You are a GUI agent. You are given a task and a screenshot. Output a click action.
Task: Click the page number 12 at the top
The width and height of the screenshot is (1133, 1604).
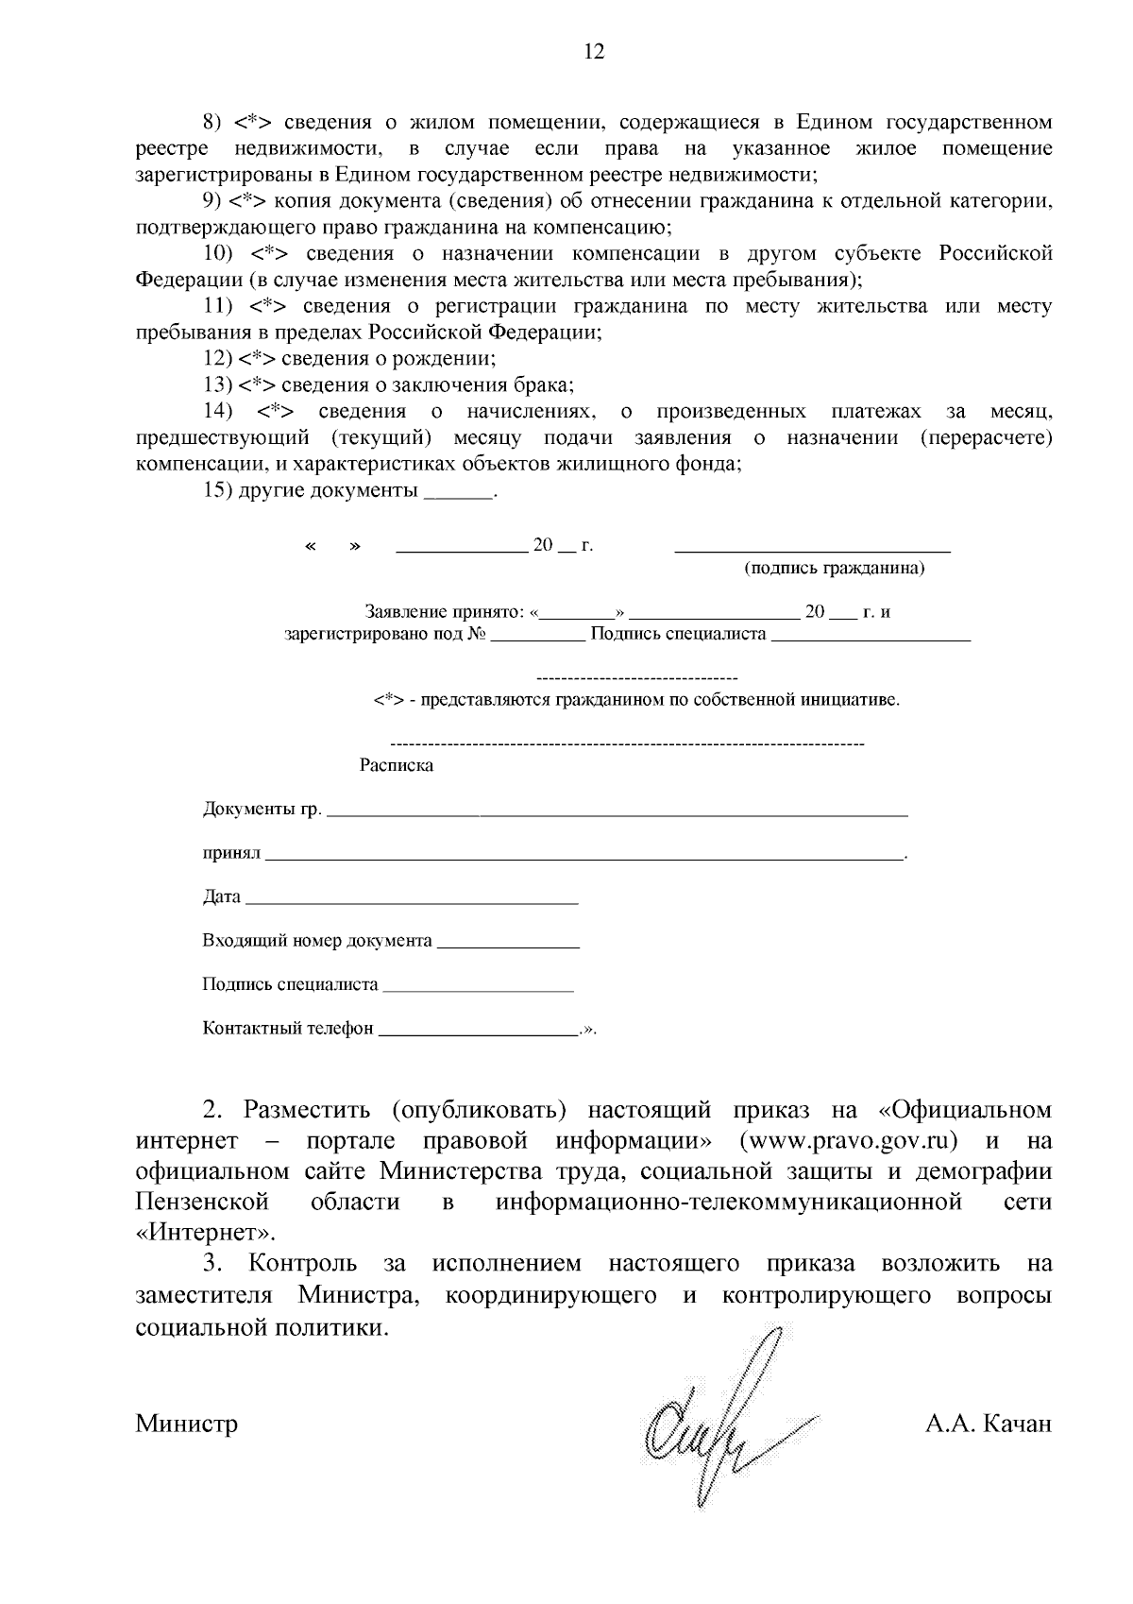594,52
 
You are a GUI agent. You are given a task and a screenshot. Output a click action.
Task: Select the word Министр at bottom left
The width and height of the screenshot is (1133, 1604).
186,1424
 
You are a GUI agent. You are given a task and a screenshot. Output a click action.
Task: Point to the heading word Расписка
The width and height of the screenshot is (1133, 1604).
397,766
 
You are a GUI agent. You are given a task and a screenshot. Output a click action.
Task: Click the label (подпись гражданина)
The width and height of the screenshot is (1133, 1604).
834,569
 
